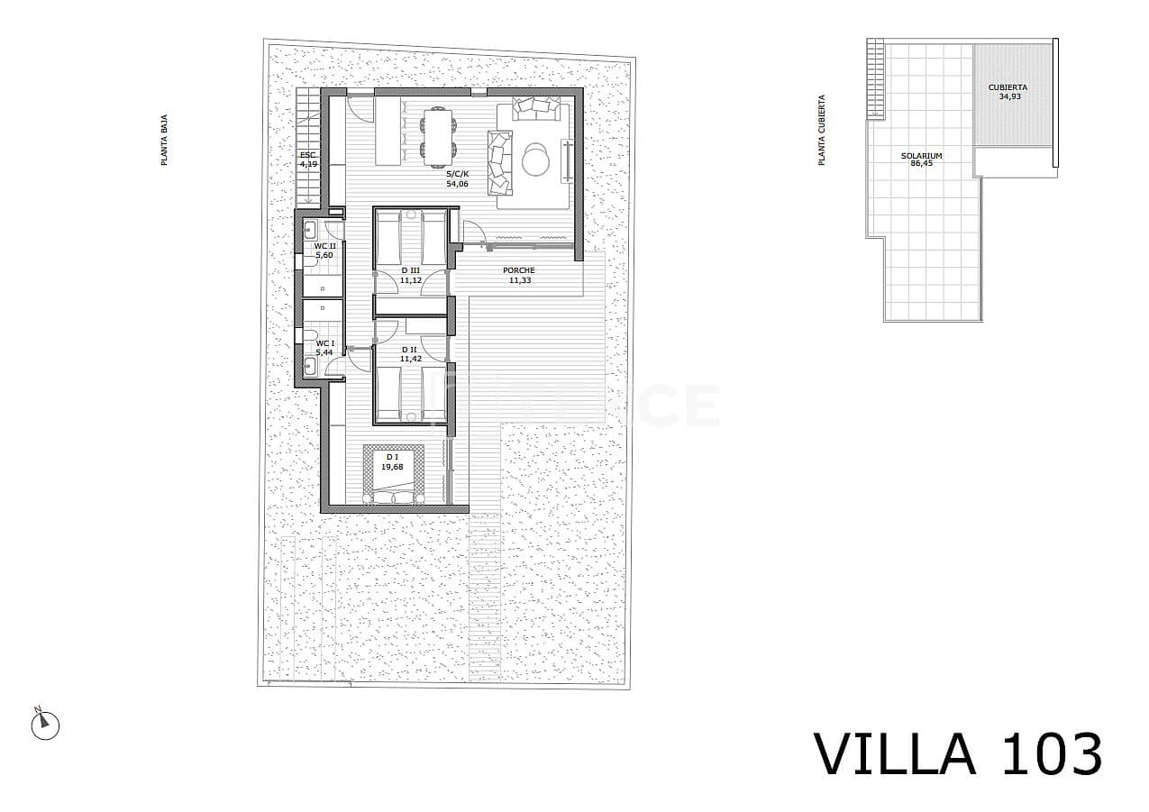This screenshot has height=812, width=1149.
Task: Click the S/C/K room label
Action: (x=458, y=173)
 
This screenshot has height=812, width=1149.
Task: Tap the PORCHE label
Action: (x=518, y=270)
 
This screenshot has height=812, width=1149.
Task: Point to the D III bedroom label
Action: (x=411, y=270)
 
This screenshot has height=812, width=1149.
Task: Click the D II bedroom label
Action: (x=411, y=350)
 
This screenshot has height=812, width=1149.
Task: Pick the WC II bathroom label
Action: (x=324, y=246)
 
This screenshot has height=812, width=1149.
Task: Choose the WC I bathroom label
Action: (x=324, y=343)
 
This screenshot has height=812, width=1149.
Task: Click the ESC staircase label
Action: (x=308, y=155)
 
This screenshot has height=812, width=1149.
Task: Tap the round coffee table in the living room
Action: (x=535, y=160)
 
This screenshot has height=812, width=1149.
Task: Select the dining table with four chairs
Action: (x=438, y=135)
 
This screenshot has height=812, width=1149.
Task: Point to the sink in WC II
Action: (x=309, y=228)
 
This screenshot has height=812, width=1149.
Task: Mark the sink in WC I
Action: (x=309, y=365)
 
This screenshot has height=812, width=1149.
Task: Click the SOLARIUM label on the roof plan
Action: (x=921, y=156)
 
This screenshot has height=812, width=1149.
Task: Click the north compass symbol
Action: (x=44, y=724)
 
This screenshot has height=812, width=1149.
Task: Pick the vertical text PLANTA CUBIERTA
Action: (x=821, y=130)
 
